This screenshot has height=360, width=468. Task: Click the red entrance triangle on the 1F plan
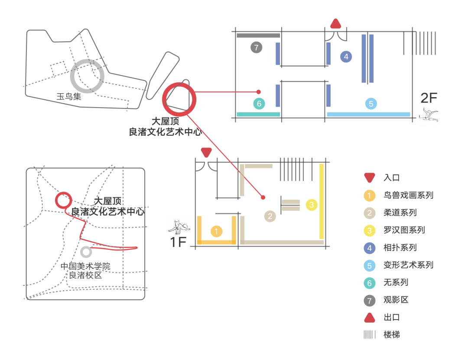pyautogui.click(x=207, y=152)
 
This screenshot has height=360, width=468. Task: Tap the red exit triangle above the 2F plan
pyautogui.click(x=336, y=23)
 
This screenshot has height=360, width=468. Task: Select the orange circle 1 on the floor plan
pyautogui.click(x=217, y=231)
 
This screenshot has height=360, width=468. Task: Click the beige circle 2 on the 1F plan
pyautogui.click(x=270, y=216)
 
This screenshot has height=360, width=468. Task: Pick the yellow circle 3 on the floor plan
pyautogui.click(x=312, y=204)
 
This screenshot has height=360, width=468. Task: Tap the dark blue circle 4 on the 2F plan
pyautogui.click(x=346, y=56)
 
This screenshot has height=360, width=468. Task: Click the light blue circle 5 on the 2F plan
pyautogui.click(x=370, y=104)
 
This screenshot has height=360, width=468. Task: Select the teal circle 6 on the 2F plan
pyautogui.click(x=259, y=104)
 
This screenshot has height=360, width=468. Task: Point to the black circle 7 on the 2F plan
pyautogui.click(x=256, y=47)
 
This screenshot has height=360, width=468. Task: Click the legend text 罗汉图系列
pyautogui.click(x=404, y=230)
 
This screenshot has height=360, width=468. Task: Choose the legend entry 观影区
pyautogui.click(x=396, y=300)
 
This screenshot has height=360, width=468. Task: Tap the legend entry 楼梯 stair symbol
pyautogui.click(x=370, y=335)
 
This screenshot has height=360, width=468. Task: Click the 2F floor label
pyautogui.click(x=429, y=97)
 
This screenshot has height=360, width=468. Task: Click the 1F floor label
pyautogui.click(x=178, y=242)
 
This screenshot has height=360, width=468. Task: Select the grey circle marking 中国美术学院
pyautogui.click(x=86, y=252)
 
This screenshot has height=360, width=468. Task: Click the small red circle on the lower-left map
pyautogui.click(x=63, y=200)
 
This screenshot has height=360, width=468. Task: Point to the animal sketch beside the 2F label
pyautogui.click(x=429, y=115)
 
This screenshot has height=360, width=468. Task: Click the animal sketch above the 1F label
pyautogui.click(x=179, y=225)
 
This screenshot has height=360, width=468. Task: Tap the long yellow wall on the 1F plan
pyautogui.click(x=322, y=201)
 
